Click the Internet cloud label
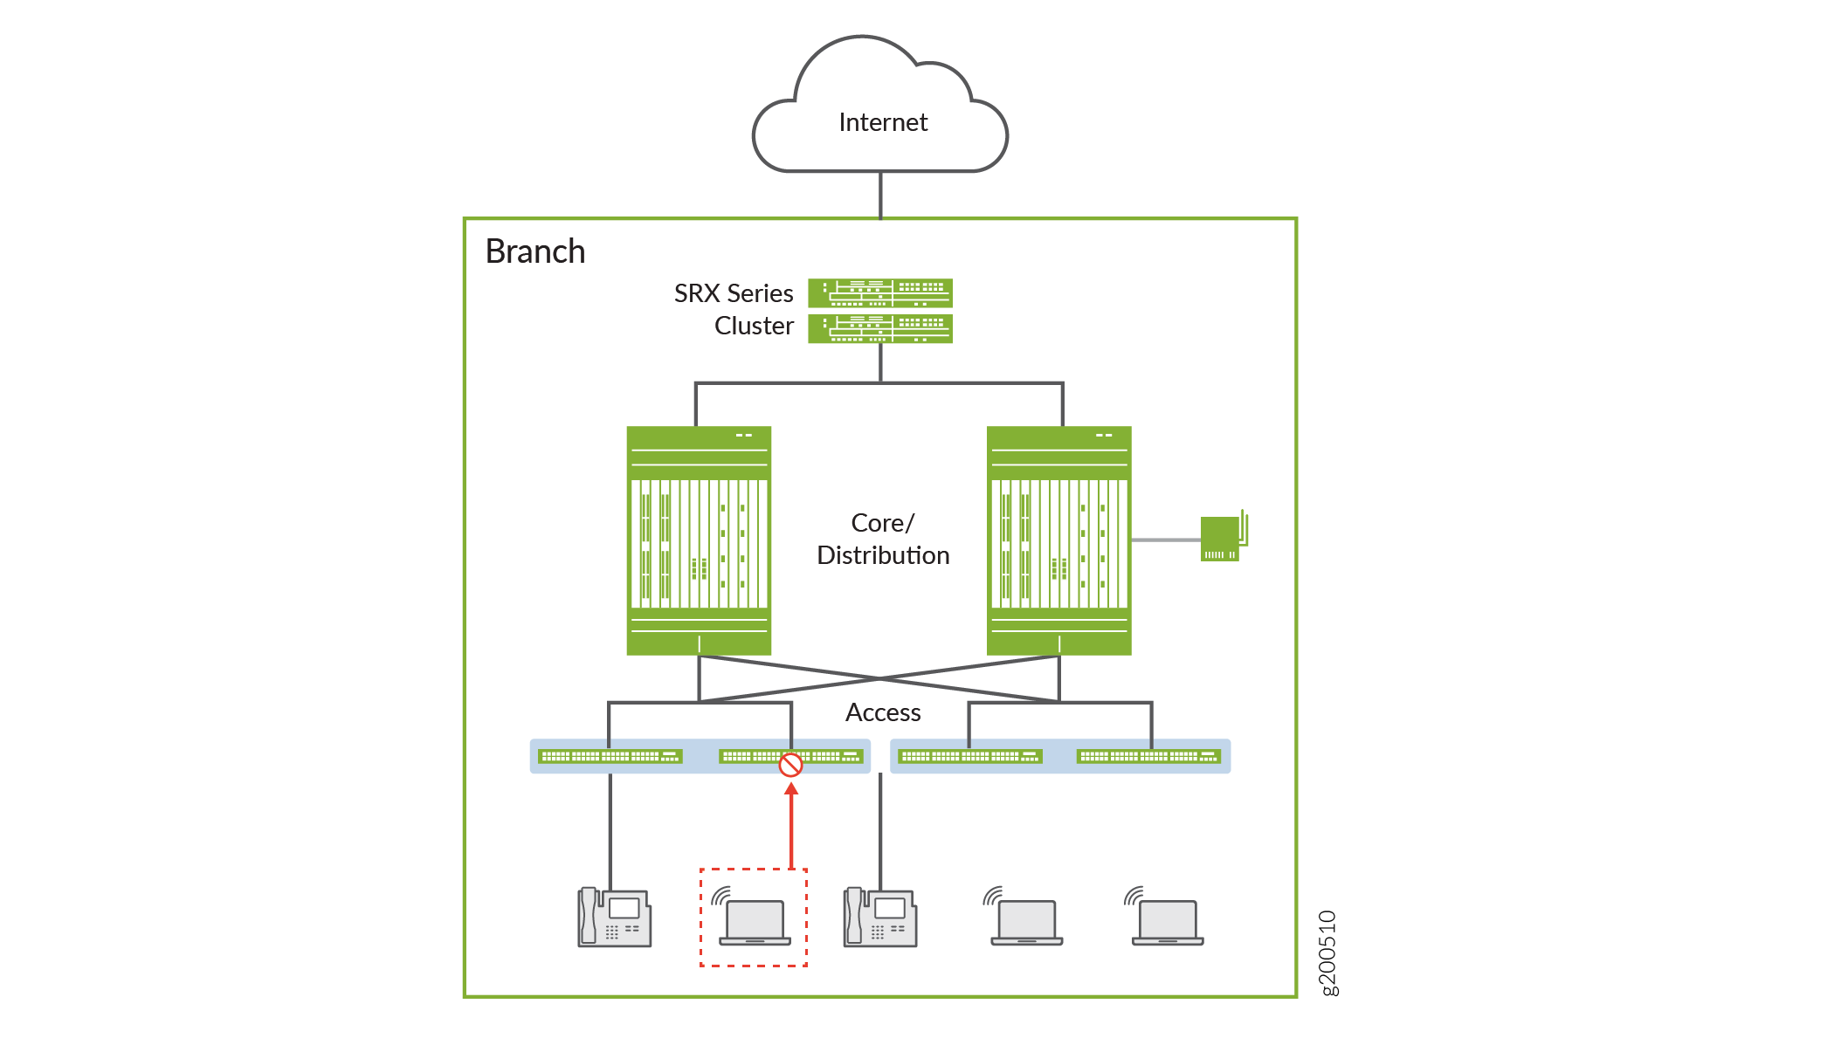click(882, 122)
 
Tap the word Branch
click(535, 251)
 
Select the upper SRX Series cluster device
click(879, 292)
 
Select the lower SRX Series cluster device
click(879, 328)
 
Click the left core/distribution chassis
click(699, 540)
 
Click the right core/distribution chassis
click(1058, 540)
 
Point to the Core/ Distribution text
click(883, 539)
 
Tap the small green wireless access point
click(1221, 538)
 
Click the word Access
click(883, 712)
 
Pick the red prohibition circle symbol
click(790, 765)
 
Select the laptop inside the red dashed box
click(755, 922)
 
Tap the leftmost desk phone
click(614, 918)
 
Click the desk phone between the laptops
click(879, 918)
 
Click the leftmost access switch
click(610, 756)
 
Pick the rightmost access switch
click(1148, 756)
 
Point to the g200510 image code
click(1327, 952)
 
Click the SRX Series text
click(734, 293)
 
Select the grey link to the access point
click(1165, 540)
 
